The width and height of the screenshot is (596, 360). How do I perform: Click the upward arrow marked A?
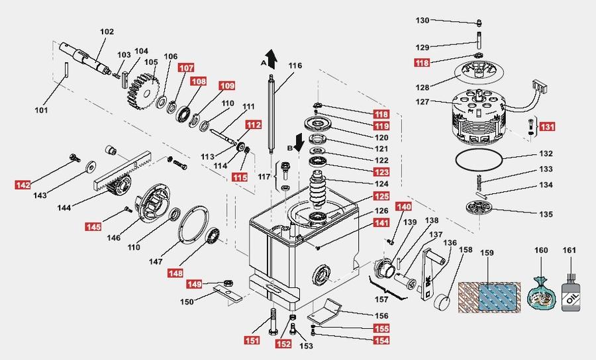(270, 58)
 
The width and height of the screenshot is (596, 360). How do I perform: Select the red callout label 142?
(23, 185)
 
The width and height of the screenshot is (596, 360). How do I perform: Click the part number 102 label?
(107, 32)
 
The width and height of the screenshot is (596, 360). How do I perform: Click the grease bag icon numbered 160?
(542, 292)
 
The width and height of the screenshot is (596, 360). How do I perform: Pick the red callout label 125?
(381, 196)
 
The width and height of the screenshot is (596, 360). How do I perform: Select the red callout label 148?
(175, 273)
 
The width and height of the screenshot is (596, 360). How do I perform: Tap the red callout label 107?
(186, 67)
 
